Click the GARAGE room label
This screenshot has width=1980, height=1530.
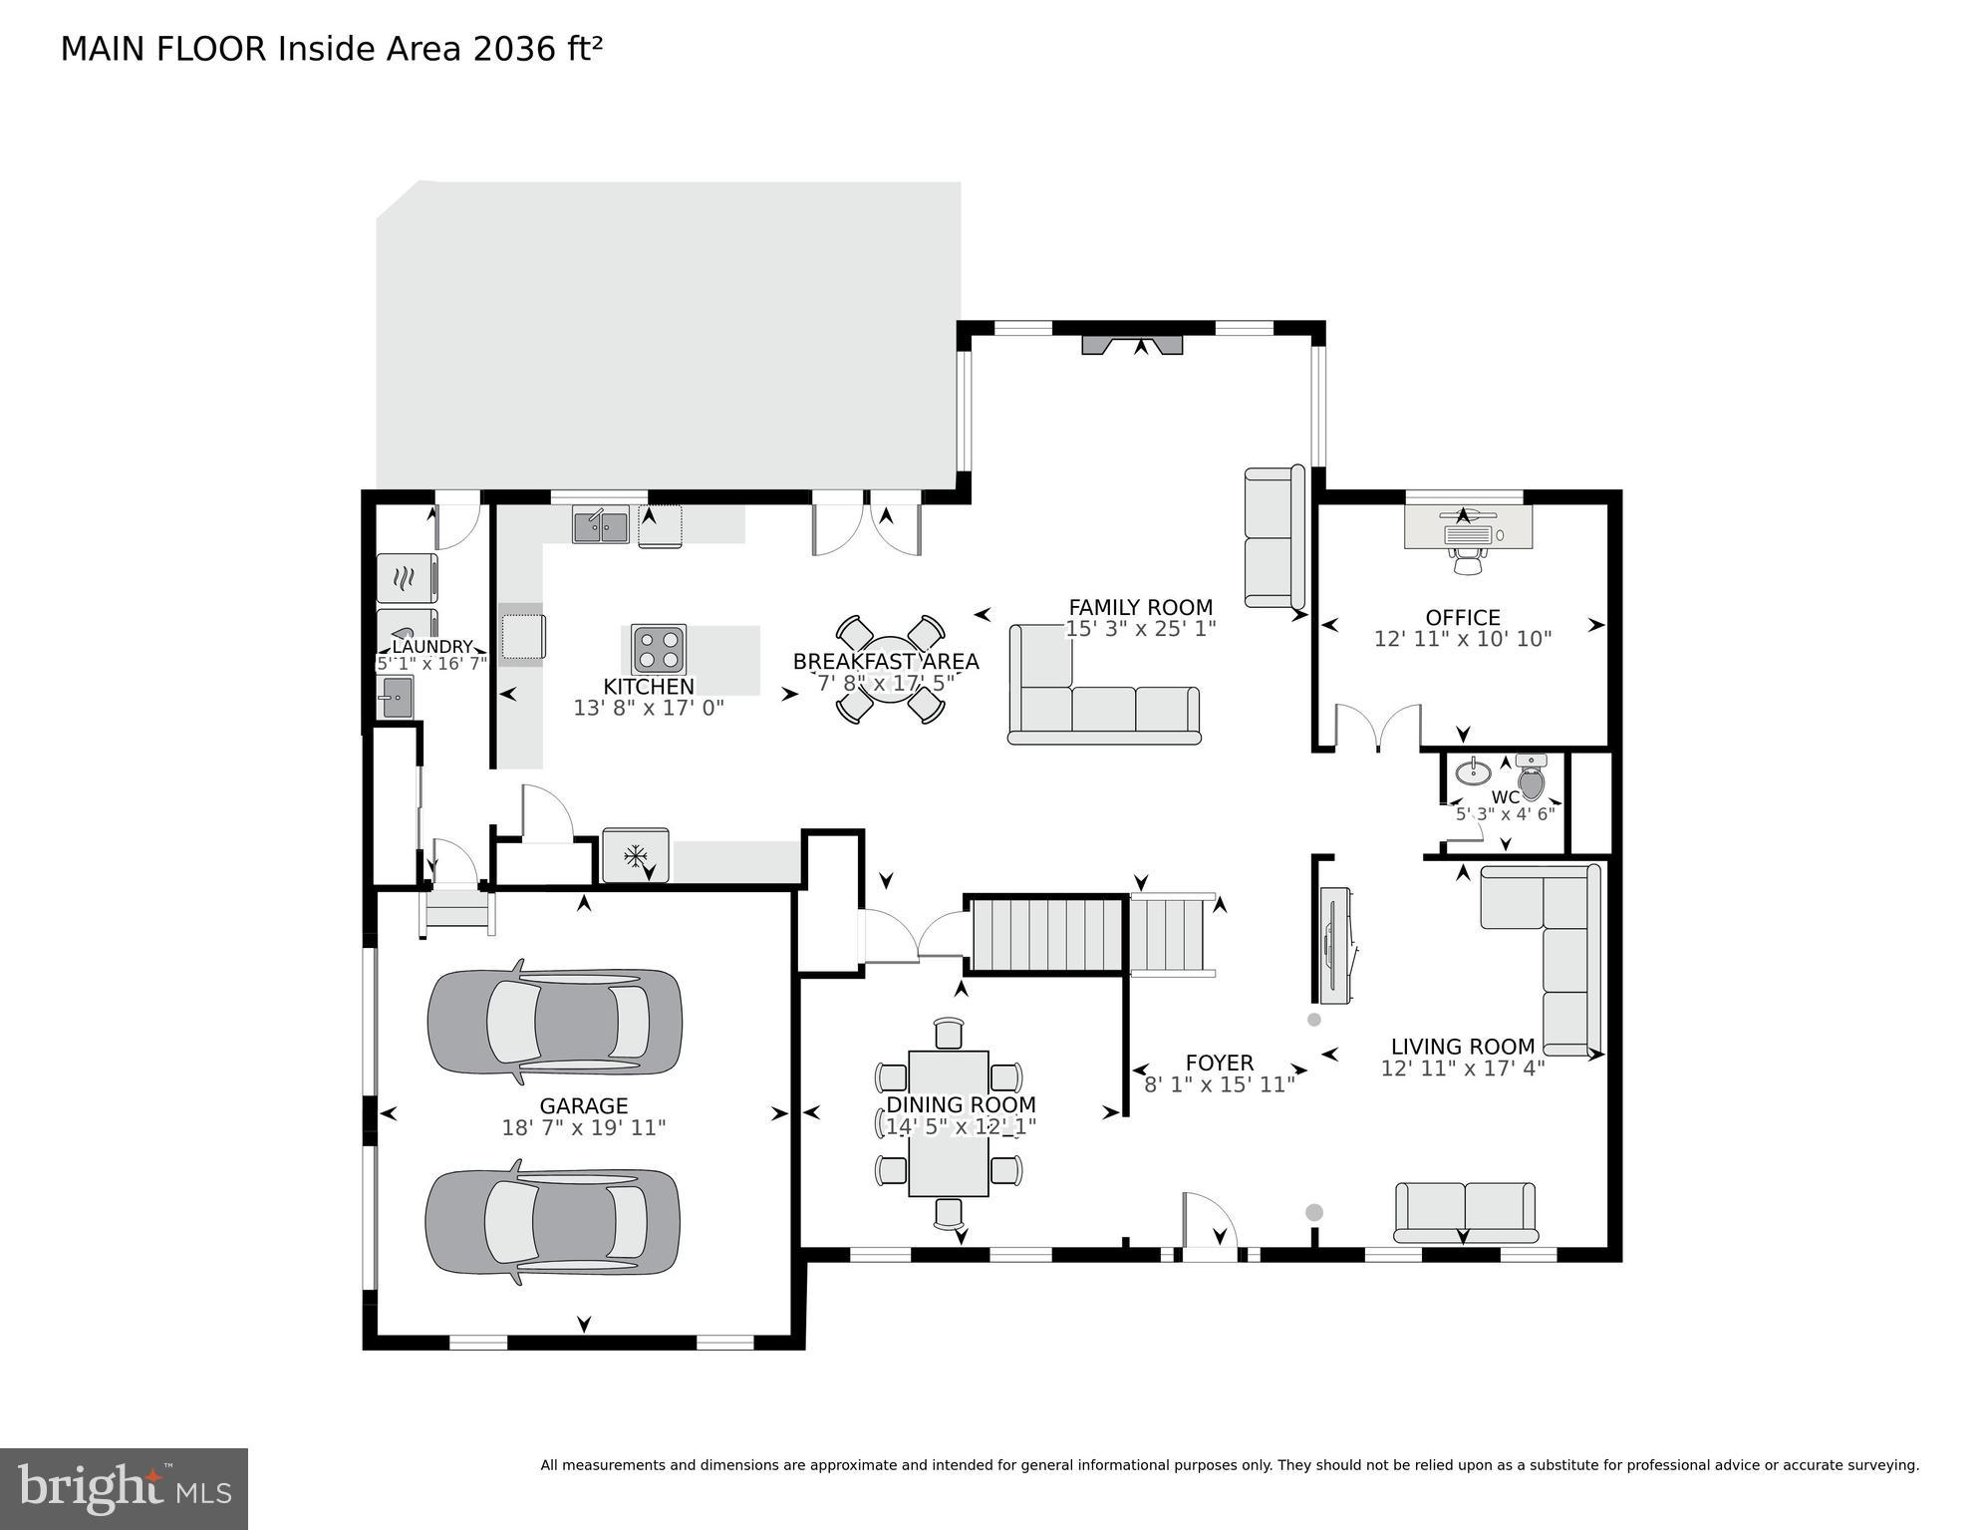click(x=583, y=1105)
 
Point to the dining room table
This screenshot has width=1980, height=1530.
click(x=948, y=1123)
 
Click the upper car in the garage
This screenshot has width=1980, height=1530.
click(x=554, y=1022)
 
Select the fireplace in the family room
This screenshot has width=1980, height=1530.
click(x=1133, y=345)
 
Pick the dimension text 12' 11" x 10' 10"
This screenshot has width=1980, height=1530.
click(x=1462, y=639)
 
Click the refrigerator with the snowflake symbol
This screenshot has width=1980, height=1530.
click(x=636, y=855)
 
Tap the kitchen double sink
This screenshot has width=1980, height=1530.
click(x=600, y=525)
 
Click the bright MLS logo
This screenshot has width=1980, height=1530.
click(x=124, y=1489)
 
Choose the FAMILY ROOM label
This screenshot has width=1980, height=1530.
click(x=1140, y=607)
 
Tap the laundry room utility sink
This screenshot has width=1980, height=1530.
click(x=396, y=697)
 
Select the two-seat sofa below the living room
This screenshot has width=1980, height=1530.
click(x=1464, y=1211)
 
